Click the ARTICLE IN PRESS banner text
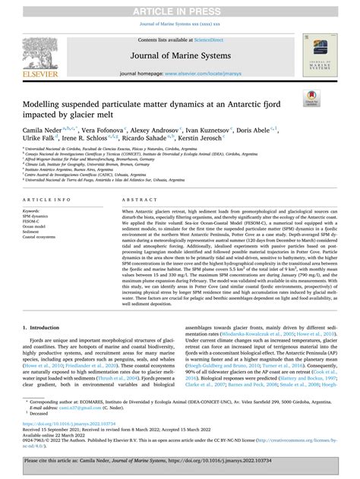(179, 8)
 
